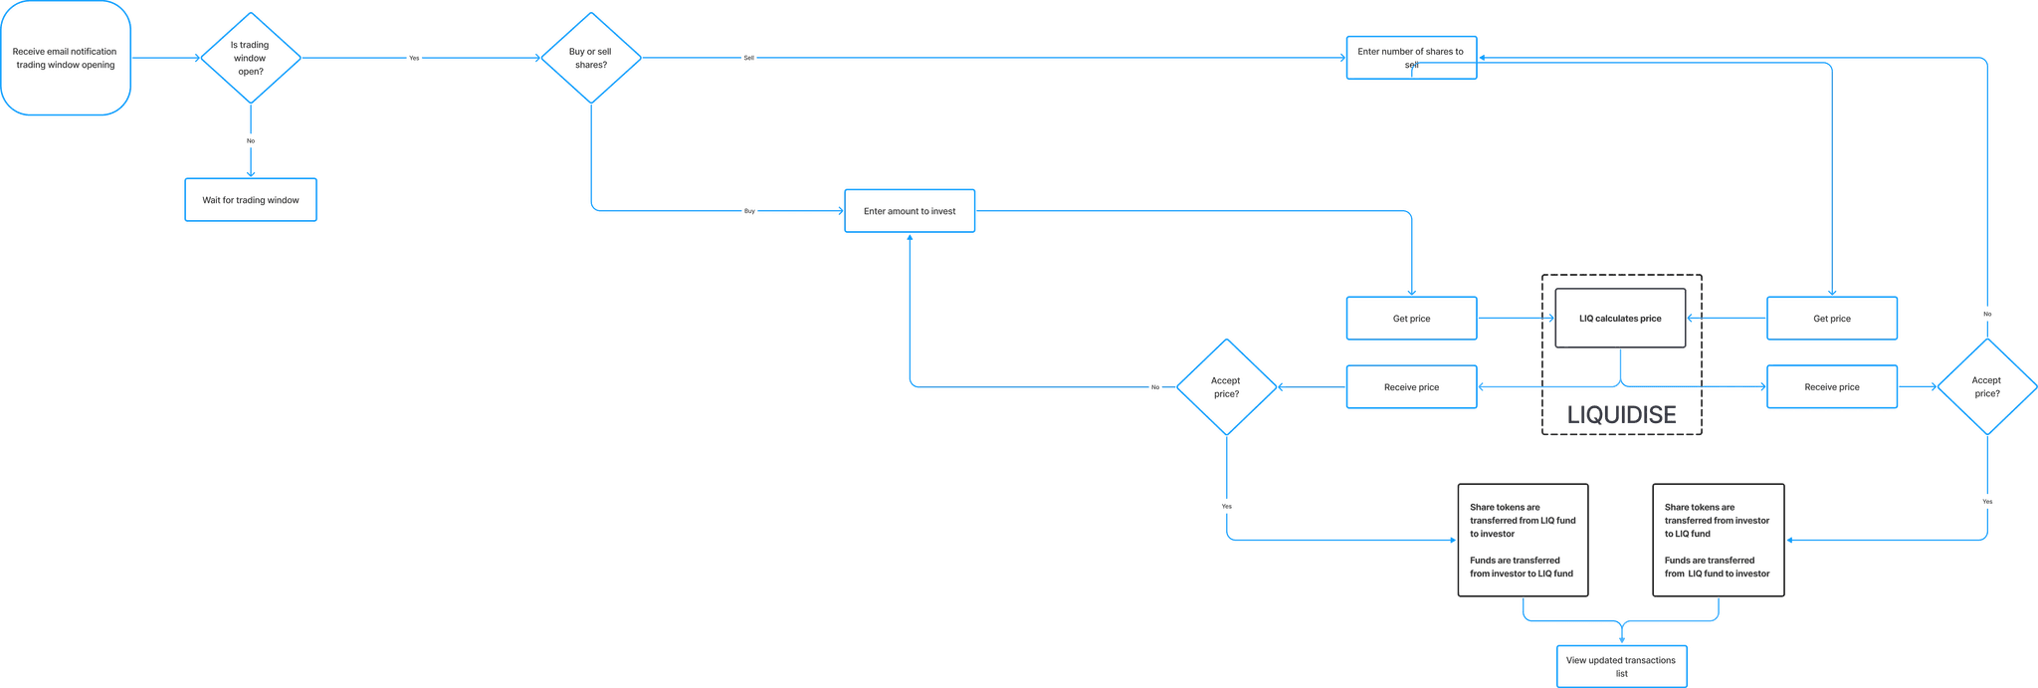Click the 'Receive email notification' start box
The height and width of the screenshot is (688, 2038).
click(66, 58)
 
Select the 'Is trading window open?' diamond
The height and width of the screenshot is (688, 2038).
click(251, 58)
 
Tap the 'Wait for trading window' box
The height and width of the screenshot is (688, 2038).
click(251, 200)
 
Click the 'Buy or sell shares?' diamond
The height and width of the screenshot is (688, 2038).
click(591, 58)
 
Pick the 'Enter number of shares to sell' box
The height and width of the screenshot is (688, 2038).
click(1411, 58)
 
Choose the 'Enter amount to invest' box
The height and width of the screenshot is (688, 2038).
click(910, 211)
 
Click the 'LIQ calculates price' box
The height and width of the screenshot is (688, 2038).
click(1620, 319)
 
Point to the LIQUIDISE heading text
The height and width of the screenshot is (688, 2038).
click(1622, 415)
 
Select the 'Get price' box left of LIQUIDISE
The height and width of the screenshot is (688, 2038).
click(1411, 319)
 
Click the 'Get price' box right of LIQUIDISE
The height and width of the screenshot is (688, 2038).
click(1832, 319)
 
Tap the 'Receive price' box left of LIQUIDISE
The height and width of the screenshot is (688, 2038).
click(1411, 387)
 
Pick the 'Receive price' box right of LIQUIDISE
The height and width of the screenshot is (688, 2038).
click(1832, 387)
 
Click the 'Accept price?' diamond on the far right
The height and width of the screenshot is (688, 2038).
click(1987, 387)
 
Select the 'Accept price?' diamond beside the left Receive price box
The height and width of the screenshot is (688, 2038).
click(1226, 387)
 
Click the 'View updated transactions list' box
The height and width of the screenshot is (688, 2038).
click(1622, 666)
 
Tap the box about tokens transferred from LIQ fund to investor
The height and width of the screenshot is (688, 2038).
click(1523, 541)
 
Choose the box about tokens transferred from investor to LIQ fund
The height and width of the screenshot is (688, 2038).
click(1719, 541)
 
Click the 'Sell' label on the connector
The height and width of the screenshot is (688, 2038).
click(749, 58)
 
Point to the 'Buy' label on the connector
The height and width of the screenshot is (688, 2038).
click(749, 211)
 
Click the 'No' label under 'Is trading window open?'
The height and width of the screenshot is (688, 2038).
click(251, 140)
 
